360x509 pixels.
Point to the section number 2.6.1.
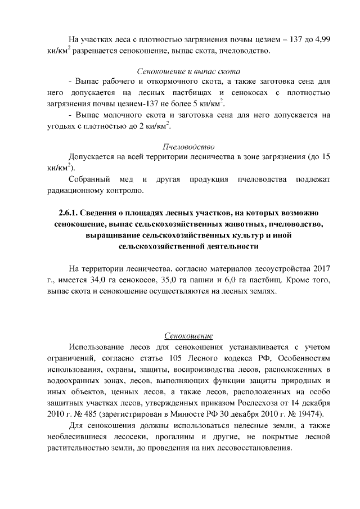(x=69, y=215)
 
